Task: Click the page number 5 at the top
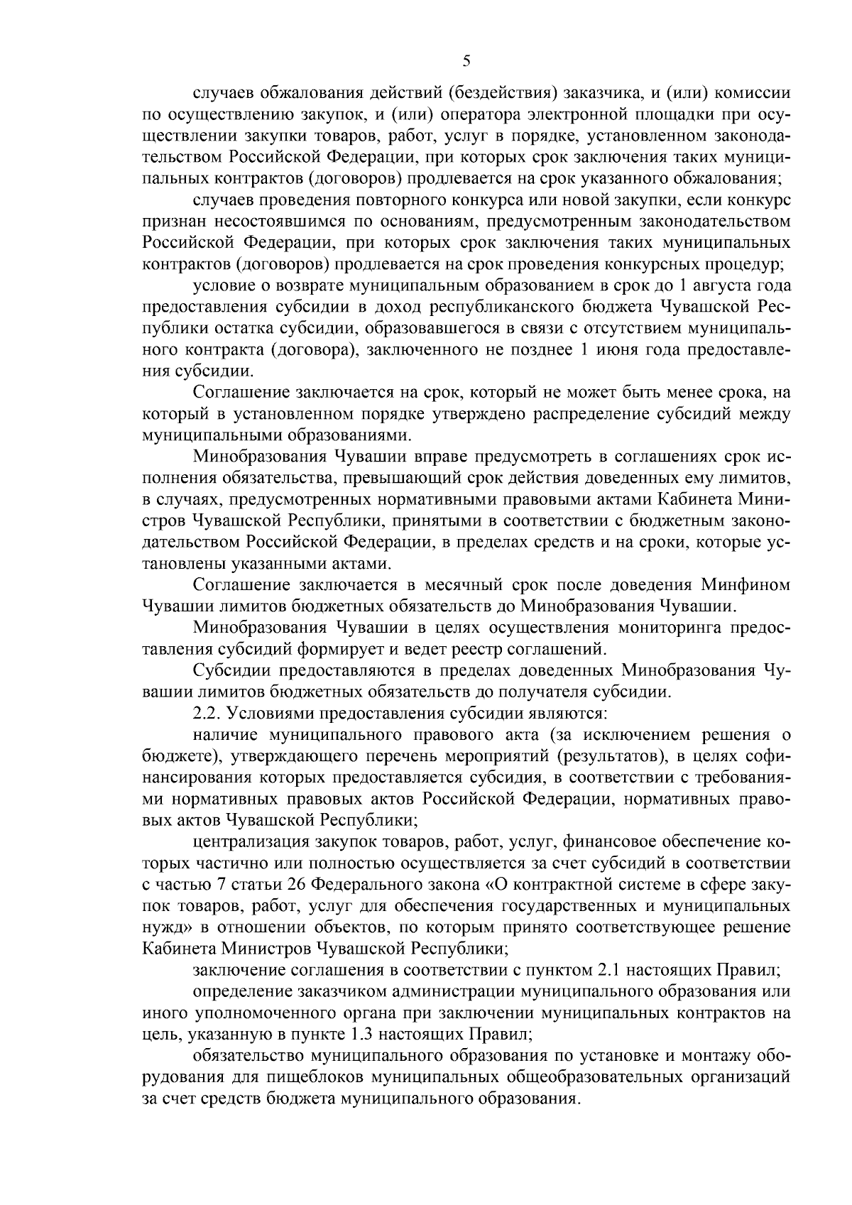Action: pyautogui.click(x=466, y=61)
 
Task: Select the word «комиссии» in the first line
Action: pyautogui.click(x=753, y=93)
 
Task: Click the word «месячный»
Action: pyautogui.click(x=466, y=585)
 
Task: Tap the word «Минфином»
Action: pyautogui.click(x=745, y=585)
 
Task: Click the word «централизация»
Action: pyautogui.click(x=246, y=842)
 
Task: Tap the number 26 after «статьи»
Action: pyautogui.click(x=297, y=885)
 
